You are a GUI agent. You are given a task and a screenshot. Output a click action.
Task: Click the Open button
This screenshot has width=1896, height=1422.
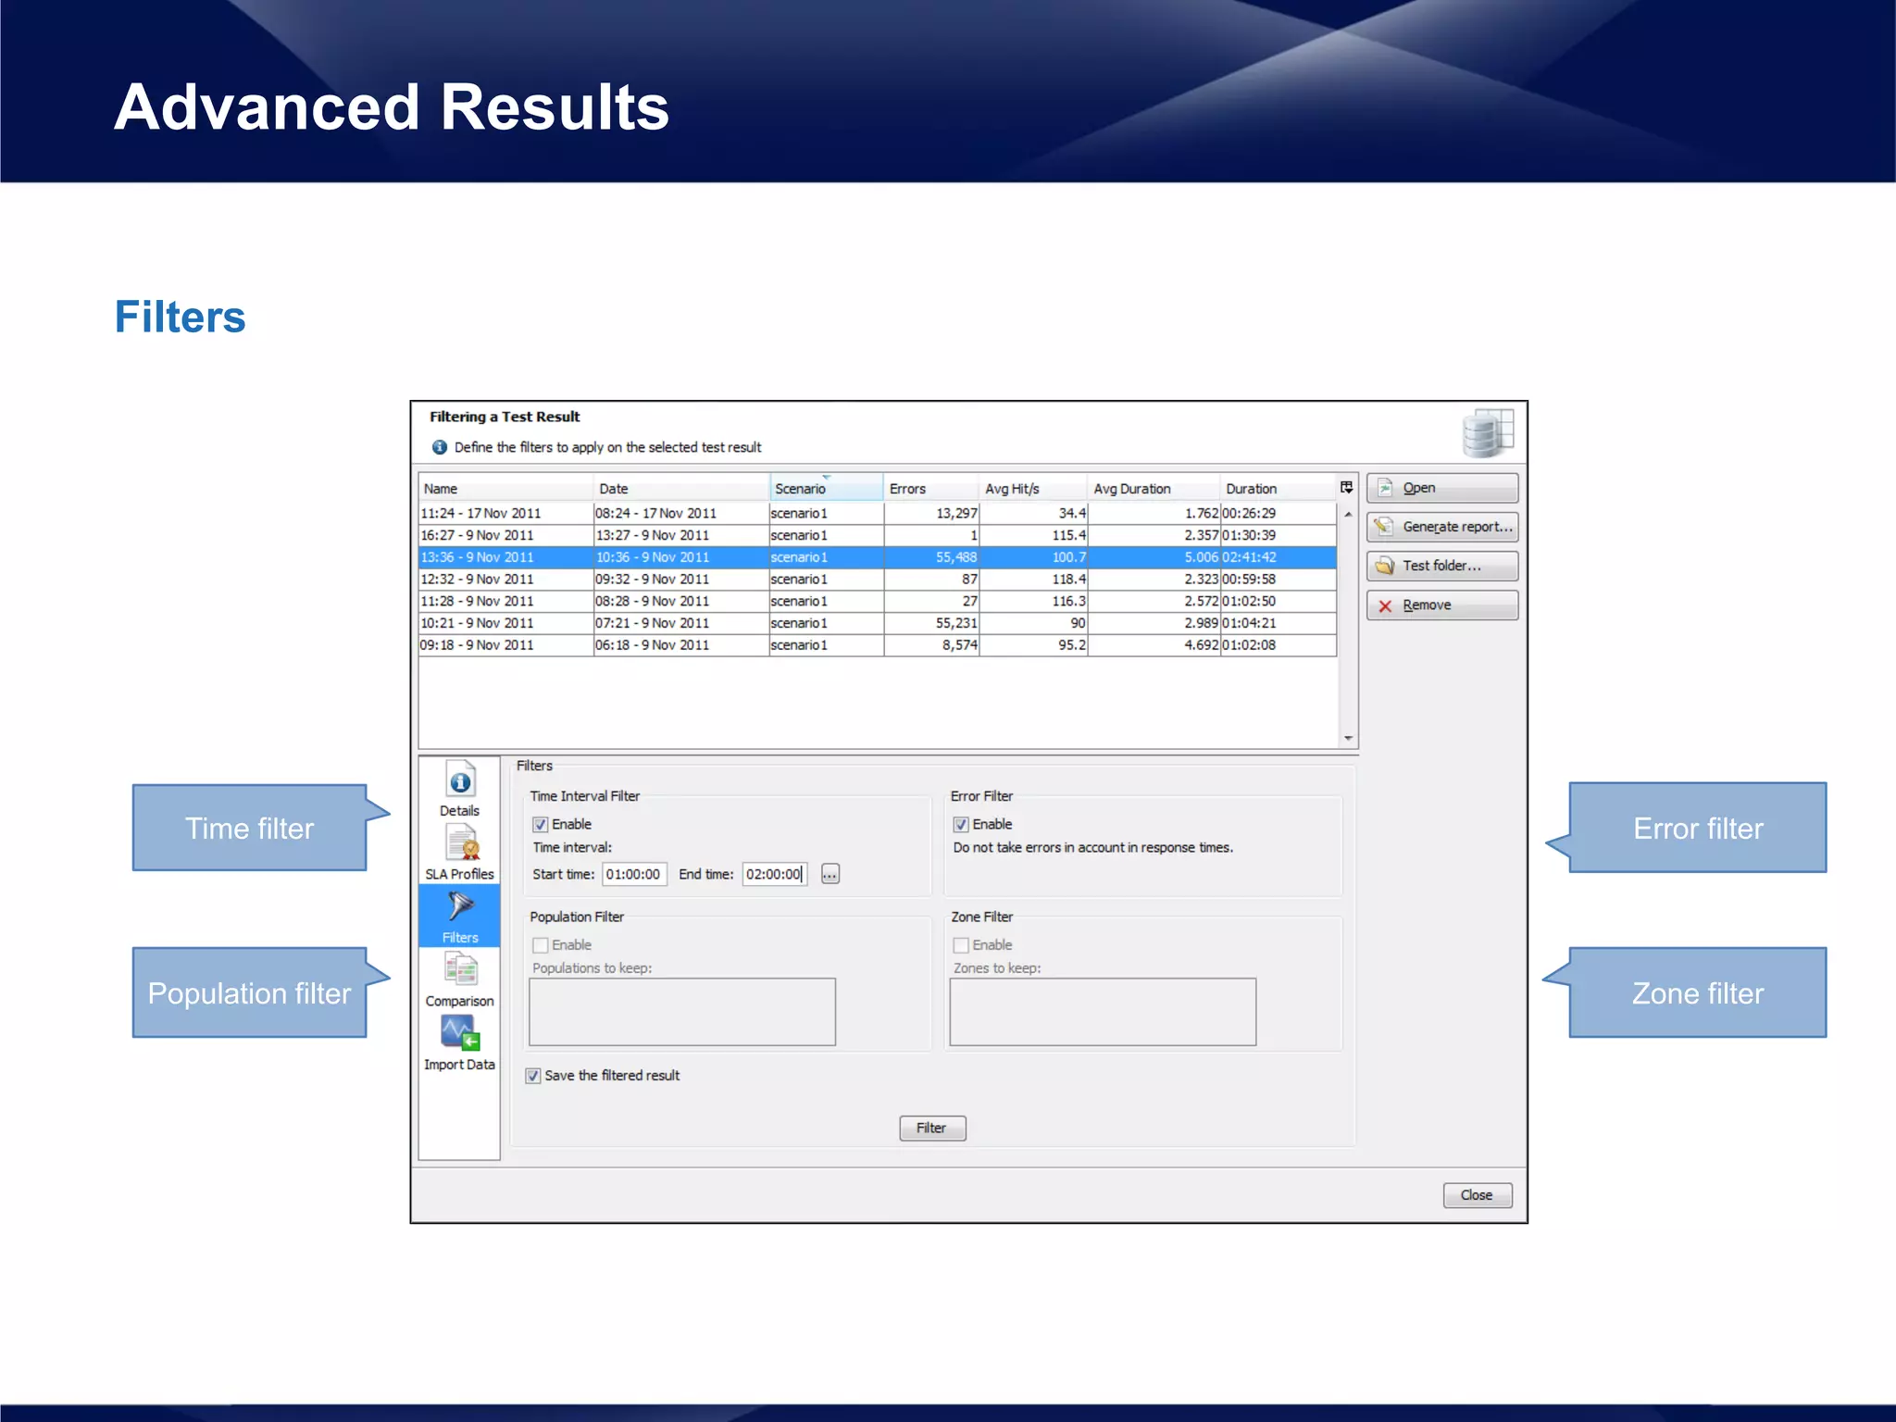pyautogui.click(x=1441, y=488)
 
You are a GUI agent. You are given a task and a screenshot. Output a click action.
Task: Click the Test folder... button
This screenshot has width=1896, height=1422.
pyautogui.click(x=1441, y=566)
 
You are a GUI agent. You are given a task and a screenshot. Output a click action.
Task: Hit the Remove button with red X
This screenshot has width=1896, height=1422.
pyautogui.click(x=1441, y=605)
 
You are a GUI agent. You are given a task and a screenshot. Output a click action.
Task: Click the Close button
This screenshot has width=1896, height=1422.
pyautogui.click(x=1477, y=1195)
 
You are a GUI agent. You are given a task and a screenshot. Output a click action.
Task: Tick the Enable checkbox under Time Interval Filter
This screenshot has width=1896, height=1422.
pyautogui.click(x=541, y=825)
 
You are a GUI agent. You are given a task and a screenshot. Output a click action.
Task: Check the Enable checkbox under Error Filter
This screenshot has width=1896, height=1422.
pyautogui.click(x=961, y=825)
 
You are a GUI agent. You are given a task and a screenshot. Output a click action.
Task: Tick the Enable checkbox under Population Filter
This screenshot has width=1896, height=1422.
pyautogui.click(x=541, y=945)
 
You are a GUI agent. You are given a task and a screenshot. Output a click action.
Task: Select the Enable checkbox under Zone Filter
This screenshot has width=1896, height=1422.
pyautogui.click(x=961, y=945)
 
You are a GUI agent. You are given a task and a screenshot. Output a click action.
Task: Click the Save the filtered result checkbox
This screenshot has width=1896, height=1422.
pyautogui.click(x=533, y=1076)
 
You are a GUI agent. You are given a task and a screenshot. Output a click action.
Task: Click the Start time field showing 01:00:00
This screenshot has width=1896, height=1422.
pyautogui.click(x=634, y=875)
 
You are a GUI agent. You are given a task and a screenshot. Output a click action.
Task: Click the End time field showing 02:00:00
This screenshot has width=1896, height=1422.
pyautogui.click(x=774, y=875)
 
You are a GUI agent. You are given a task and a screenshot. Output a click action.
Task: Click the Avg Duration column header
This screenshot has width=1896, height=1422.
pyautogui.click(x=1132, y=489)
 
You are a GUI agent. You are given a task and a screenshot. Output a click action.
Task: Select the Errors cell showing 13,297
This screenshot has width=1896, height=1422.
pyautogui.click(x=932, y=513)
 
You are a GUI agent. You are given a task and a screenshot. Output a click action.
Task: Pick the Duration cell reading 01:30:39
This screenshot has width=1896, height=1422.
pyautogui.click(x=1278, y=535)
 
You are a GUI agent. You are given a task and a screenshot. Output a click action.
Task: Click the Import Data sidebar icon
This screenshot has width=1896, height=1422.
pyautogui.click(x=460, y=1042)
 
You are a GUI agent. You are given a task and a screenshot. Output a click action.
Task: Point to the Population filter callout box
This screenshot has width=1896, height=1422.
pyautogui.click(x=250, y=992)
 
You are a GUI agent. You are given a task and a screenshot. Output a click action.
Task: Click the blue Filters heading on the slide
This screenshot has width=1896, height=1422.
pyautogui.click(x=181, y=317)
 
